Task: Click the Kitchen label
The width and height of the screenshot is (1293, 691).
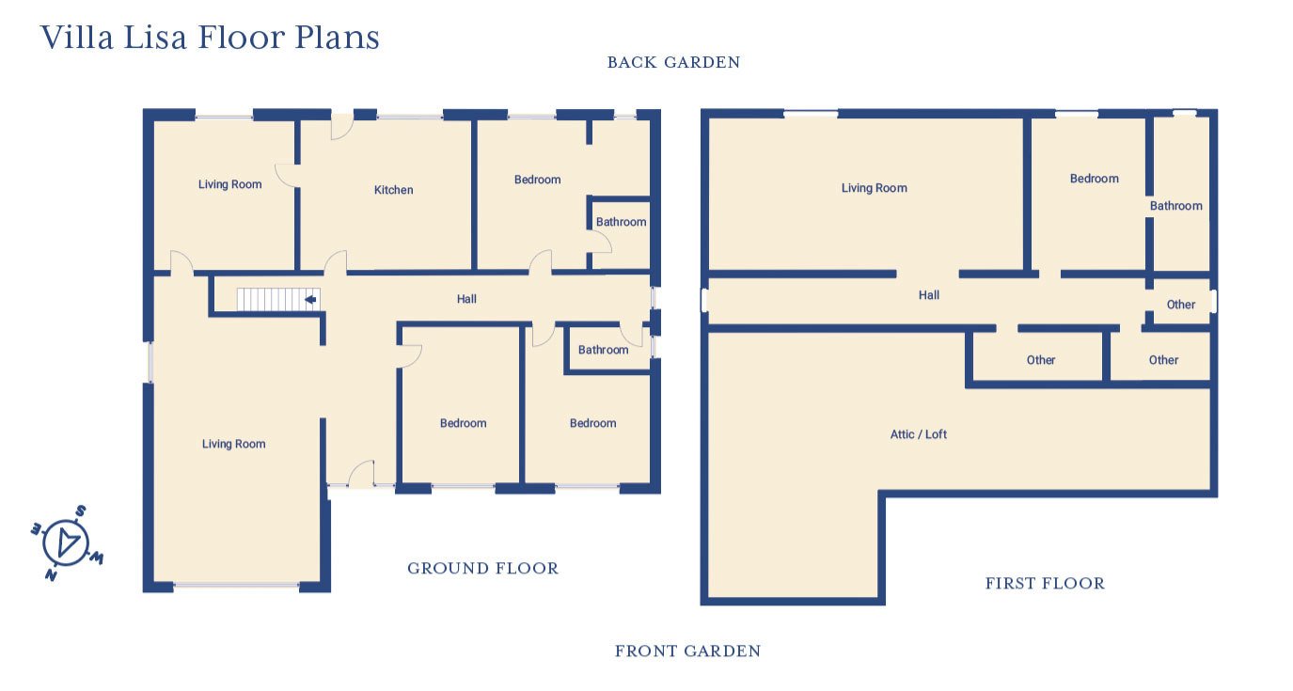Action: (x=393, y=190)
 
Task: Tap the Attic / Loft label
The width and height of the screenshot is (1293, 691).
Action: (x=918, y=434)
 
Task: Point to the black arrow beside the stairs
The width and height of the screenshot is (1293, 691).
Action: (x=309, y=300)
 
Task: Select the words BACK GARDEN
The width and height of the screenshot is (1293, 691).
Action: (x=673, y=63)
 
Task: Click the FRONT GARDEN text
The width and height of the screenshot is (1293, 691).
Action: (x=687, y=651)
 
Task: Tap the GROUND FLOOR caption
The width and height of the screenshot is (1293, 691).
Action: (x=482, y=568)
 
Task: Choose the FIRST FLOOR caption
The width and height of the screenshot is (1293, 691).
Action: (x=1044, y=584)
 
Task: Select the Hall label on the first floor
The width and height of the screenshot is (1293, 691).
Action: (x=928, y=295)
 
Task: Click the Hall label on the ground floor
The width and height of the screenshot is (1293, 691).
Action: (x=466, y=299)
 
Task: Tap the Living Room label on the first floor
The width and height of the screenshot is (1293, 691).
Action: (x=874, y=188)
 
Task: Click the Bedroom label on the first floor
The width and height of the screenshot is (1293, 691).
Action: (x=1094, y=179)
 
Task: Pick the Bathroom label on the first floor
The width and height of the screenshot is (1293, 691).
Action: (x=1175, y=206)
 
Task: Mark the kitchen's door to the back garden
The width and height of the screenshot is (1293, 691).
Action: (x=340, y=126)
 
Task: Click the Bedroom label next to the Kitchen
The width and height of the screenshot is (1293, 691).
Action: (x=537, y=180)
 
